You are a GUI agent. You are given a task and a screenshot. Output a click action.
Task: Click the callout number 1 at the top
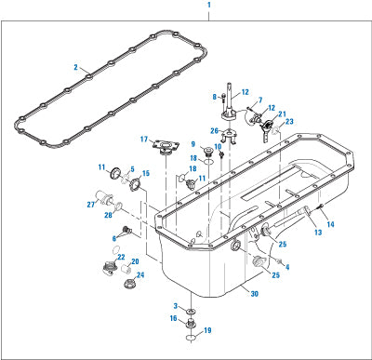coord(209,5)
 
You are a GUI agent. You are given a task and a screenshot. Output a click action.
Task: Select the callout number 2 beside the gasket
coord(76,67)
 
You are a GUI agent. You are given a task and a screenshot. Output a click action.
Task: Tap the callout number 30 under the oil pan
coord(254,293)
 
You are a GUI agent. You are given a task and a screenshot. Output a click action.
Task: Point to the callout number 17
coord(144,140)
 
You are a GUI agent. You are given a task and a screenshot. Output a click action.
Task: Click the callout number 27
coord(91,205)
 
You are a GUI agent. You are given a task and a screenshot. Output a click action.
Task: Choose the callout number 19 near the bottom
coord(207,330)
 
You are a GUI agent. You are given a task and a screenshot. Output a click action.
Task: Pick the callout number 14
coord(331,224)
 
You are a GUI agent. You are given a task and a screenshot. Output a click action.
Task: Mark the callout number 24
coord(140,275)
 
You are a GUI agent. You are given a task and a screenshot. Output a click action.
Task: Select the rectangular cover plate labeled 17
coord(166,146)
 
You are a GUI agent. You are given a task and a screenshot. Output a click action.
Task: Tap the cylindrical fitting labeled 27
coord(104,198)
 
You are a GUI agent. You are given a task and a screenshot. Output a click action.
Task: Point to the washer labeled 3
coord(192,311)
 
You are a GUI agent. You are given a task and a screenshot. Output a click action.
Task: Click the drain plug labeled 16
coord(192,323)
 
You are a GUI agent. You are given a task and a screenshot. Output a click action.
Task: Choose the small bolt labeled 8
coord(223,97)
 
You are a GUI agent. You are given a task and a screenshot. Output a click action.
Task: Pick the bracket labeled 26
coord(229,137)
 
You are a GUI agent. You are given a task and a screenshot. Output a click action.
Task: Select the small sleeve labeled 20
coord(126,269)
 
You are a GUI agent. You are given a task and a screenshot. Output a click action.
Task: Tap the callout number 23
coord(289,122)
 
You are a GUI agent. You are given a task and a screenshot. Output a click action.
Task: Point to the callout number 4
coord(287,267)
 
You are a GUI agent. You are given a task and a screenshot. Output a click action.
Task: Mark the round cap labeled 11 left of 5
coord(115,173)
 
